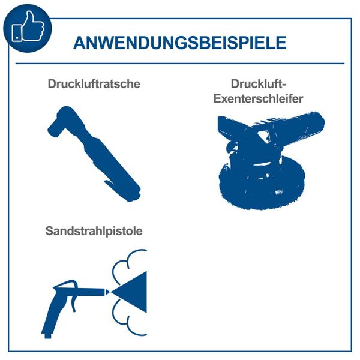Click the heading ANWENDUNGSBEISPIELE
pos(179,43)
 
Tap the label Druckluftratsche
pos(94,84)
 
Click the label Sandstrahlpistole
pos(94,231)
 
